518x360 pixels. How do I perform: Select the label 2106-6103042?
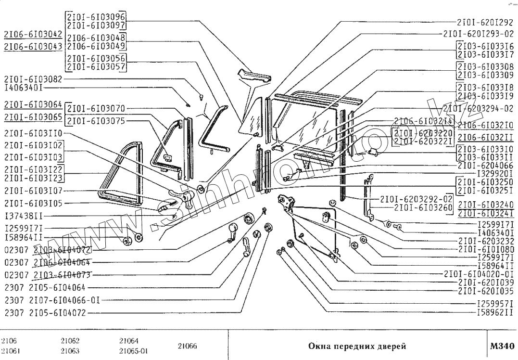[x=32, y=34]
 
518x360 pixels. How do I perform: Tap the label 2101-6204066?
[x=485, y=165]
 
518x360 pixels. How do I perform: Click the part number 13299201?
[x=495, y=173]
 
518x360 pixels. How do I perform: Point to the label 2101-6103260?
[x=423, y=207]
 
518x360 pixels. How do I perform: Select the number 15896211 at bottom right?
[x=495, y=312]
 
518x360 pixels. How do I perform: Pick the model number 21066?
[x=187, y=346]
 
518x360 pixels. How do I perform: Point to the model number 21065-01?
[x=133, y=351]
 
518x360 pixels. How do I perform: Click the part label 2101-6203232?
[x=486, y=240]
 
